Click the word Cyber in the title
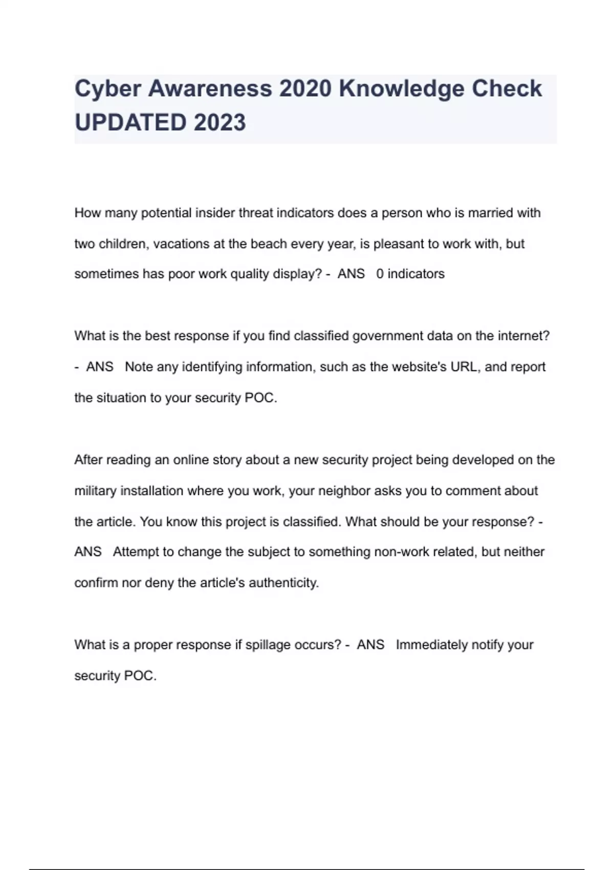108,89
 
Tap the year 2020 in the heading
305,89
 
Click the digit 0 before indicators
380,274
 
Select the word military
95,491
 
